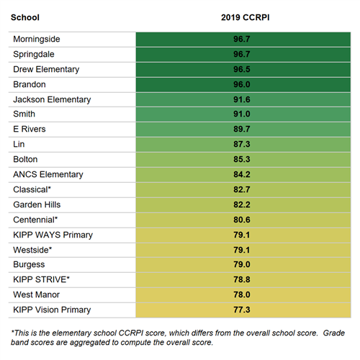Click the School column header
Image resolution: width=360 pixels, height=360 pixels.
[x=25, y=17]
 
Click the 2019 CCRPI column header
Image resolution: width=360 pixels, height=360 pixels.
[x=246, y=17]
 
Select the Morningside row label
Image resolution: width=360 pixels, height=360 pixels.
[x=37, y=39]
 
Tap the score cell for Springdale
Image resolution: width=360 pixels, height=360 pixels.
[x=243, y=55]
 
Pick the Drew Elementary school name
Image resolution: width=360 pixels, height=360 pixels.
[x=46, y=69]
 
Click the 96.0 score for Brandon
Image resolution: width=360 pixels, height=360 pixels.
[x=242, y=84]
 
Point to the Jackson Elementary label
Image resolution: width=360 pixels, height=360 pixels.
[x=52, y=99]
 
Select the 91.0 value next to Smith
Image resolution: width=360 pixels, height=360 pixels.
[x=242, y=114]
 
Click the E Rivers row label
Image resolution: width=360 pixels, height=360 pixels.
[x=30, y=129]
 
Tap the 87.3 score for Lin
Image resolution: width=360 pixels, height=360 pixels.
[x=242, y=144]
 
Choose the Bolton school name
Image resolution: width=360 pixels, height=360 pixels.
[x=25, y=159]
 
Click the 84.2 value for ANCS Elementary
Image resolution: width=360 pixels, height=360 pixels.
[x=242, y=174]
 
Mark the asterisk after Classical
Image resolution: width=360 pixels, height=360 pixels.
[x=50, y=187]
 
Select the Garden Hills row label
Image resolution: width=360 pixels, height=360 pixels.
[x=37, y=204]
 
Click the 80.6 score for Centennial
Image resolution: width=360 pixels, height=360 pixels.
[x=242, y=220]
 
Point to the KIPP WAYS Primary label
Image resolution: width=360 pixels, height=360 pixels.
[x=53, y=235]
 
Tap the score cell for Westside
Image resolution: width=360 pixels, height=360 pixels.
[x=243, y=250]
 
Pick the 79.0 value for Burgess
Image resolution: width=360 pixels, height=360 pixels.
[x=242, y=264]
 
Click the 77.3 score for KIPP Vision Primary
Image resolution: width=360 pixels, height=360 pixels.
[x=242, y=310]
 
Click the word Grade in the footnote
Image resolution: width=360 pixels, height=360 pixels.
[x=334, y=333]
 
